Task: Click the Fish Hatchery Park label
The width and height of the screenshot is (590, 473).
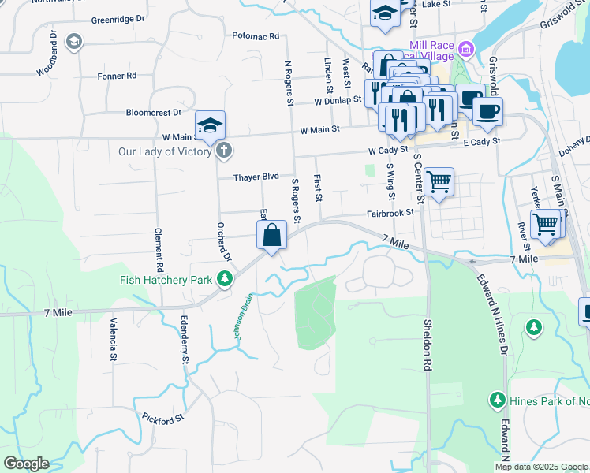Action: [166, 280]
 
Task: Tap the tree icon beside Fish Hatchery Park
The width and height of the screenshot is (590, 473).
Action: [226, 279]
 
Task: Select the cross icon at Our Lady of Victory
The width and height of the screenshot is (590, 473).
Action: [224, 151]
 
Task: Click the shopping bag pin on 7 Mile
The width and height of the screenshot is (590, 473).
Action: [271, 236]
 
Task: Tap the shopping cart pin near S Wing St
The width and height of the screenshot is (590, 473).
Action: [439, 183]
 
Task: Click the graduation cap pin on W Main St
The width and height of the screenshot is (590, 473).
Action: [211, 125]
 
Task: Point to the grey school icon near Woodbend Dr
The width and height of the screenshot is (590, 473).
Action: [74, 42]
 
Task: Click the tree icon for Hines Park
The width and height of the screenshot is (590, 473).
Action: [497, 400]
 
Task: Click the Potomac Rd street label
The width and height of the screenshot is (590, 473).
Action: [256, 36]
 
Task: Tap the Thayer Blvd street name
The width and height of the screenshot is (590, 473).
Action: [256, 177]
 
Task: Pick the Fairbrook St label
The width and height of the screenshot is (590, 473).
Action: [390, 213]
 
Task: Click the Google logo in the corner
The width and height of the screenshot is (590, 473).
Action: [26, 464]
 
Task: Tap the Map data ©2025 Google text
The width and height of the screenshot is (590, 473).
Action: [540, 467]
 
